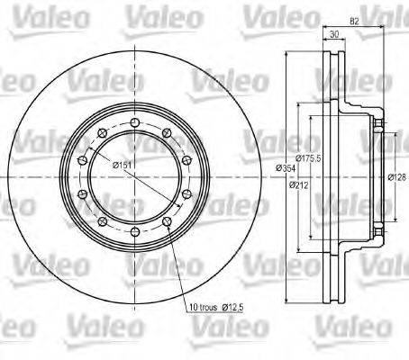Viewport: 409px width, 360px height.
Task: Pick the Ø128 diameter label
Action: (x=392, y=177)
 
